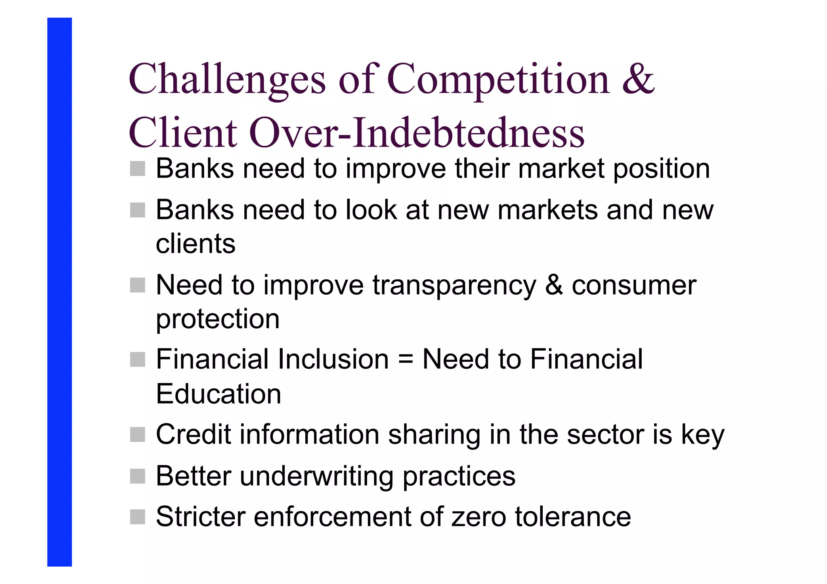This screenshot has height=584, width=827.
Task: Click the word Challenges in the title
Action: click(227, 80)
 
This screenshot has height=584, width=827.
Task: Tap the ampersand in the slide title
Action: click(638, 79)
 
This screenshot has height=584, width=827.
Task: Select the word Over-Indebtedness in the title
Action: click(416, 133)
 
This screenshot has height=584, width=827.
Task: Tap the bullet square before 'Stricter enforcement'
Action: click(137, 517)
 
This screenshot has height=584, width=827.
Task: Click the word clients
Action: click(195, 244)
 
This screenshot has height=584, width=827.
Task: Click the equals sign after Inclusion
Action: click(405, 359)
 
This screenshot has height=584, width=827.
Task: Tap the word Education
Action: click(218, 394)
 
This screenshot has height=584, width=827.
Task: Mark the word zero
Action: click(479, 517)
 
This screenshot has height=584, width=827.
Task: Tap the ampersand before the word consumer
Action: click(554, 285)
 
